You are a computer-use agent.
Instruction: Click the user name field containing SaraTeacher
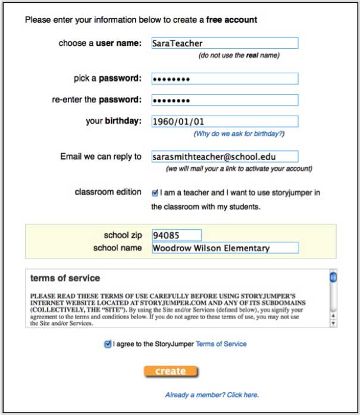224,43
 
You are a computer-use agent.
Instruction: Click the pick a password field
224,79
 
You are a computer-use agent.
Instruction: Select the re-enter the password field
224,99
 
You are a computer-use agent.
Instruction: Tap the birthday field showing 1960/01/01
224,121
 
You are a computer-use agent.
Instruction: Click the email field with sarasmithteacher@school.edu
224,157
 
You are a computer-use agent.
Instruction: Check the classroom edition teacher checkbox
155,193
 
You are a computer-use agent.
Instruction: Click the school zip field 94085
177,235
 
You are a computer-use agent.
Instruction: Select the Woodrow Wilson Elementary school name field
224,248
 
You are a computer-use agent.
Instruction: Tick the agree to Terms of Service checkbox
108,344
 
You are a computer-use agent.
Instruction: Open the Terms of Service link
221,344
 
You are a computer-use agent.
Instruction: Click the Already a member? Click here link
212,395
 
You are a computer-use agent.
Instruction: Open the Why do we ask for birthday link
240,134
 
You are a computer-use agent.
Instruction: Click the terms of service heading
65,278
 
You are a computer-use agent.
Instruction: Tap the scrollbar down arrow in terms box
333,323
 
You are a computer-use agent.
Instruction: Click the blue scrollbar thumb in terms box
333,277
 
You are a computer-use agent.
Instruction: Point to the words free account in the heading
231,20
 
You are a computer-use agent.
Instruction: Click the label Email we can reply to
101,157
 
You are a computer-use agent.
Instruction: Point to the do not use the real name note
239,55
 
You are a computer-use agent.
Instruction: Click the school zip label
123,235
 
